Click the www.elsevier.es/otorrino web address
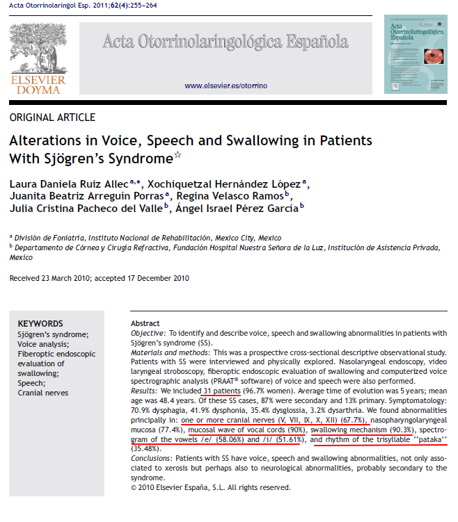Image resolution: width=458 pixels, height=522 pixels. click(226, 85)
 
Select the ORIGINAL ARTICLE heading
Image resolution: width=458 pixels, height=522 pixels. click(52, 117)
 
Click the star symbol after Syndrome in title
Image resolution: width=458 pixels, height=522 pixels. click(177, 155)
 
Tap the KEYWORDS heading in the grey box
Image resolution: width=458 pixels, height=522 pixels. click(40, 323)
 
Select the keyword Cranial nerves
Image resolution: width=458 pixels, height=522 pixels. click(44, 393)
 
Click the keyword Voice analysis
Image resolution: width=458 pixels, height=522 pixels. click(43, 343)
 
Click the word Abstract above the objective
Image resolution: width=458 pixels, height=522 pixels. click(145, 324)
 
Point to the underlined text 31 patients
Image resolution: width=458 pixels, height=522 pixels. click(221, 391)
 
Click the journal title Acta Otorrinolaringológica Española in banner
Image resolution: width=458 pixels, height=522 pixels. click(225, 42)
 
